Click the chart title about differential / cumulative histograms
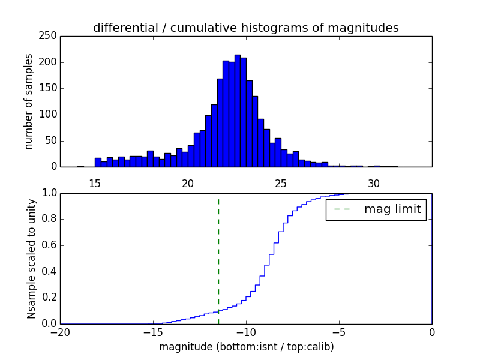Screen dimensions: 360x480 click(245, 28)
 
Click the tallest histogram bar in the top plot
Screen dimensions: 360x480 click(237, 111)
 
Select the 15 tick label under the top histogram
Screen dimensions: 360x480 click(95, 184)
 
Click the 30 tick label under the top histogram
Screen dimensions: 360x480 click(374, 184)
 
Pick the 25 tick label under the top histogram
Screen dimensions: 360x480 click(281, 184)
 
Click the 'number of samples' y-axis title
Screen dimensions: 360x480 click(29, 101)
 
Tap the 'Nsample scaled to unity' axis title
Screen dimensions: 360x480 click(31, 259)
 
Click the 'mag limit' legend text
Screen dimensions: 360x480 click(392, 209)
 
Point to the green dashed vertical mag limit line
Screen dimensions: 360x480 click(218, 252)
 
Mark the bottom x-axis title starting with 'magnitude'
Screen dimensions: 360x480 click(246, 347)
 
